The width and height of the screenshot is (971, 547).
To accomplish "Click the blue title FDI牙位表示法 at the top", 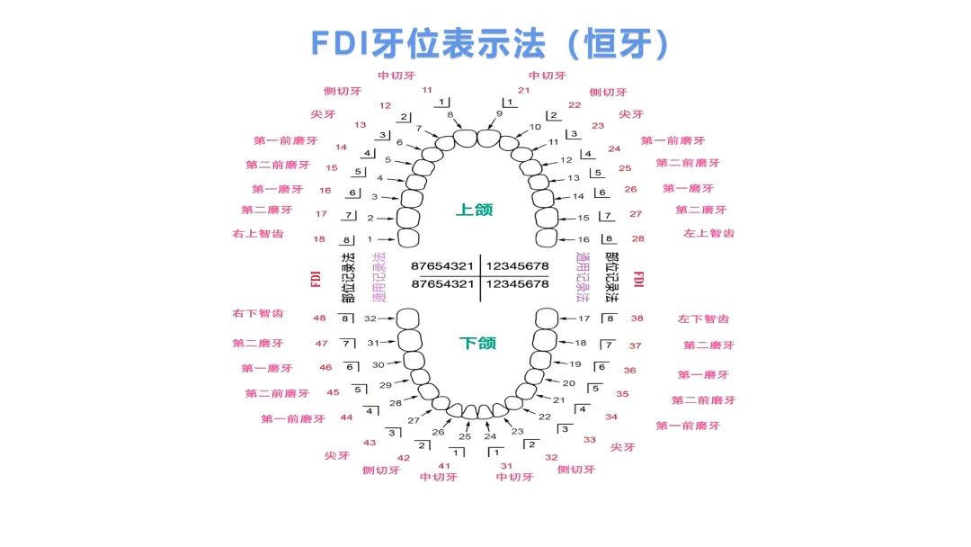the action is [490, 43].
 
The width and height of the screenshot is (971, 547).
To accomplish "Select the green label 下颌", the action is [477, 343].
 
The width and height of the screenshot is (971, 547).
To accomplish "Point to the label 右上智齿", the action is [257, 234].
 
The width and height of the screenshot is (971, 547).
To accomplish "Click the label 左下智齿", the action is [703, 319].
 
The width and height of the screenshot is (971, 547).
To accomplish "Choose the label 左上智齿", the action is [708, 233].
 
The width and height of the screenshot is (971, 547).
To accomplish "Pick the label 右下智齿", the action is [257, 314].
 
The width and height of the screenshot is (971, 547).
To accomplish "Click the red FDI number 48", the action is [319, 318].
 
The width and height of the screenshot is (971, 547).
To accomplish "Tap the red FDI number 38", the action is [637, 318].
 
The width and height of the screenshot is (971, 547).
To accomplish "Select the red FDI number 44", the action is [346, 417].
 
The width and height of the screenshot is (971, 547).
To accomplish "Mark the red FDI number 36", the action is [629, 371].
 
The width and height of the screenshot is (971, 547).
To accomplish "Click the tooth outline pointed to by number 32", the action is [409, 319].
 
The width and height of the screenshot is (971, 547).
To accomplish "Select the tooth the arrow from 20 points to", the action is [535, 376].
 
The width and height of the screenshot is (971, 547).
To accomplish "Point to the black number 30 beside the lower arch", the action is [379, 364].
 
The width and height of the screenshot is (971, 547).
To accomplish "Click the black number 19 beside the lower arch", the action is [575, 363].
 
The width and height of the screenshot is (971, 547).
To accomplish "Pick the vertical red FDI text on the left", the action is [316, 279].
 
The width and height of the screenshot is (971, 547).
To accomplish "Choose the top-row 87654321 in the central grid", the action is [442, 266].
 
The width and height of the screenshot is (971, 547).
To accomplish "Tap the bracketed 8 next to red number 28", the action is [609, 239].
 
